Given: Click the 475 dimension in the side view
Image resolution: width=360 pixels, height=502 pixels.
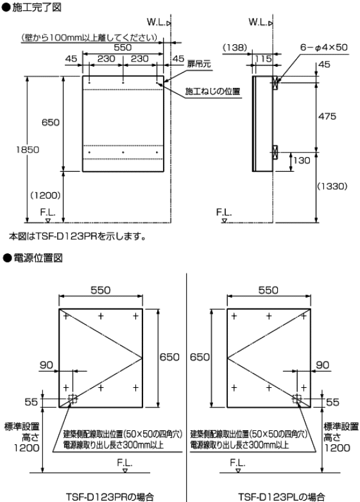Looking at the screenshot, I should (x=330, y=117).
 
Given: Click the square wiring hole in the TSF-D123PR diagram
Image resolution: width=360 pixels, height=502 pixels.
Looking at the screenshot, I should (x=73, y=399).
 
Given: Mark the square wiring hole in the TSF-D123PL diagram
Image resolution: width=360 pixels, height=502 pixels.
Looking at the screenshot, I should (x=296, y=399).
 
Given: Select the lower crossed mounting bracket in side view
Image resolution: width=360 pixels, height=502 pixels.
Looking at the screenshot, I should (x=275, y=152).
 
